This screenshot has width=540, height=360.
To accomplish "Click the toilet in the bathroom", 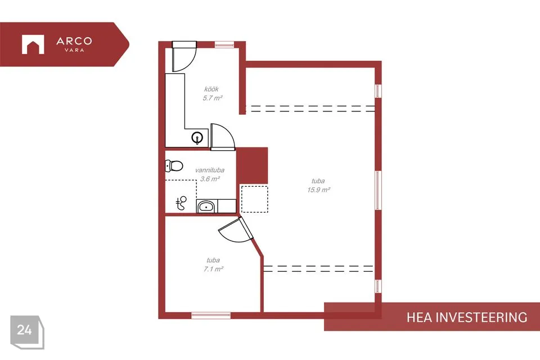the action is click(174, 166).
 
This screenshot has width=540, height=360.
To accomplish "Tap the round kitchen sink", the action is click(197, 138).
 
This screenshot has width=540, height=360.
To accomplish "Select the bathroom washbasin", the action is click(206, 206).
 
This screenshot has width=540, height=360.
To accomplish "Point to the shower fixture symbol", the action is click(181, 203).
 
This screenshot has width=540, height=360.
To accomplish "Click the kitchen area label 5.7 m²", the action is click(213, 98).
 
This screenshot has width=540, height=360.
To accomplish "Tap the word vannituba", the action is click(210, 170).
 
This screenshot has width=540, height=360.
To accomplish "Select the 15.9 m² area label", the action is click(318, 190).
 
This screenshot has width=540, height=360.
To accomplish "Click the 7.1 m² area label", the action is click(213, 269).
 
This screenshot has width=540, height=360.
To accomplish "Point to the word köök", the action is click(211, 89).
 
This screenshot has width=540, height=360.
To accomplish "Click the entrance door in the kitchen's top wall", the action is click(184, 56).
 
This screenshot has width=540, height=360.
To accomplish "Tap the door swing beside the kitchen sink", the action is click(223, 137).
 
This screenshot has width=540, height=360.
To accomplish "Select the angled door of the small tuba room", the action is click(236, 229).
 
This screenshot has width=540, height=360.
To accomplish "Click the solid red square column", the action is click(252, 166).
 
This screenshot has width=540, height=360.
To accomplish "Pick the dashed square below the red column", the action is click(254, 199).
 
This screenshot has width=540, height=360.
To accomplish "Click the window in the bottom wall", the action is click(211, 315).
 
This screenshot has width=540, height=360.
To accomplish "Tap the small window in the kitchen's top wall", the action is click(224, 44).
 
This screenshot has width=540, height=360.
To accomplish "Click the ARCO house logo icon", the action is click(33, 44).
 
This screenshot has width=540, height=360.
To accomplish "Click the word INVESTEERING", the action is click(481, 317).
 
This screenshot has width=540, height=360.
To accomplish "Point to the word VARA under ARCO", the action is click(74, 50).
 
